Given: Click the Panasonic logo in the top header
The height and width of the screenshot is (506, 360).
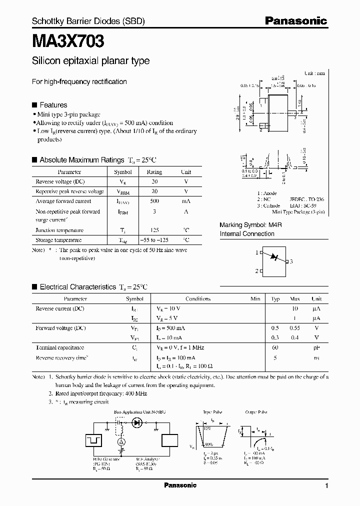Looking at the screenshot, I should pyautogui.click(x=295, y=20).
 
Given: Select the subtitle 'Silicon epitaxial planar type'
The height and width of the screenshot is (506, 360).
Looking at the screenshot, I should pyautogui.click(x=90, y=61).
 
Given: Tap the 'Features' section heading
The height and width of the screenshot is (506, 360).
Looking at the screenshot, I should pyautogui.click(x=53, y=105).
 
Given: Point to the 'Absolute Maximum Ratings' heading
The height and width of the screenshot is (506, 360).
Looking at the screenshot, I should pyautogui.click(x=81, y=160).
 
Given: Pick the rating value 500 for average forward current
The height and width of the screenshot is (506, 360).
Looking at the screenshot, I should pyautogui.click(x=154, y=201).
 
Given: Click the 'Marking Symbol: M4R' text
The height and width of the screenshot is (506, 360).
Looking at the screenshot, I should pyautogui.click(x=251, y=225).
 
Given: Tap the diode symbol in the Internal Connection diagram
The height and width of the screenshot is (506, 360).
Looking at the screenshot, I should pyautogui.click(x=273, y=257).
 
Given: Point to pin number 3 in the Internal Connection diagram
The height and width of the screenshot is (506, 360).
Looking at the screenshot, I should pyautogui.click(x=291, y=261).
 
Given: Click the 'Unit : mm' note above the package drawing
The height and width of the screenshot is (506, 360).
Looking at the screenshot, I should pyautogui.click(x=314, y=73).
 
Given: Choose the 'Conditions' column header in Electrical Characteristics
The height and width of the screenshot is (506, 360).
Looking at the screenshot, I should pyautogui.click(x=197, y=298).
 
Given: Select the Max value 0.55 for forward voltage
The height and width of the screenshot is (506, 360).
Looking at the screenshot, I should pyautogui.click(x=295, y=328).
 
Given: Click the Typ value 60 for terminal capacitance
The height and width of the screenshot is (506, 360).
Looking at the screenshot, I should pyautogui.click(x=275, y=347).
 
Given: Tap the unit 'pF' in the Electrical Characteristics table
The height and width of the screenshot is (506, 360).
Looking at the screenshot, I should pyautogui.click(x=316, y=347).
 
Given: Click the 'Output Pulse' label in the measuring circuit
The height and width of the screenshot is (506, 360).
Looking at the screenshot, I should pyautogui.click(x=255, y=412).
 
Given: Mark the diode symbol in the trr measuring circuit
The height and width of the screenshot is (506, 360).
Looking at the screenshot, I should pyautogui.click(x=136, y=422).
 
